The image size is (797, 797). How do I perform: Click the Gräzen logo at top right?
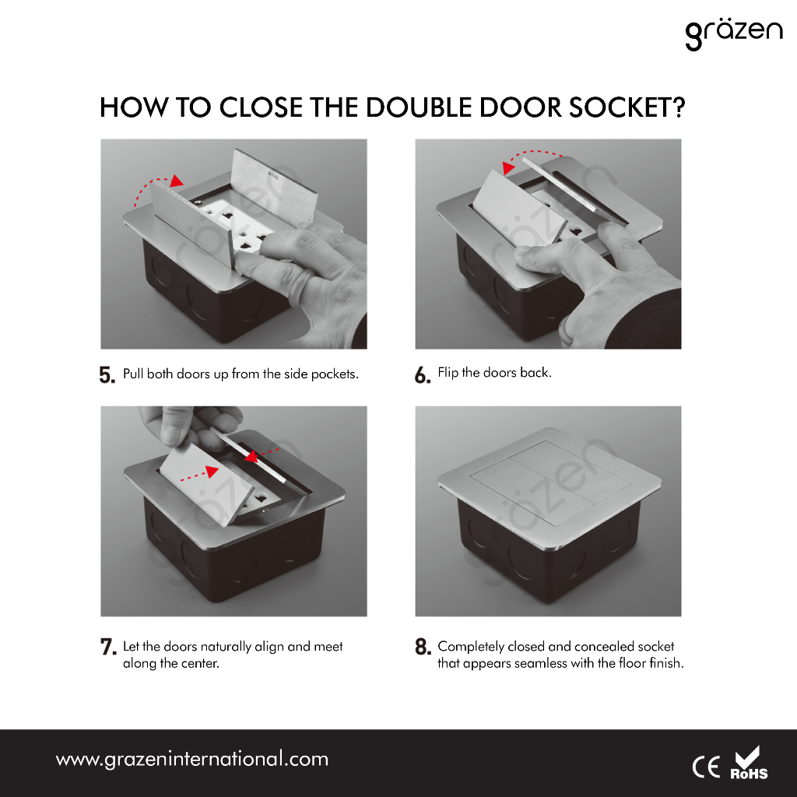point(733,34)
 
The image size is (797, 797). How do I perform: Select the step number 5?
point(107,375)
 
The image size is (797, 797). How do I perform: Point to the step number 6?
point(423,375)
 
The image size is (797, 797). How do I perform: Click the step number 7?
point(107,647)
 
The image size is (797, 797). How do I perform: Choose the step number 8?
point(423,647)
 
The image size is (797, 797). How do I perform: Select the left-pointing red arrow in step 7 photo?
point(262,454)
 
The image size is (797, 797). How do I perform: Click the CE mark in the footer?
point(706,767)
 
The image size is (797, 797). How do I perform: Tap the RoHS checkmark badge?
point(749,763)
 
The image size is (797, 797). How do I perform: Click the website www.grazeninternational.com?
point(192,760)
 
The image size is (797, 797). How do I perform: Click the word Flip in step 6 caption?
point(448,373)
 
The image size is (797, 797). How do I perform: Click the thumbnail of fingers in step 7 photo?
point(170,436)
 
